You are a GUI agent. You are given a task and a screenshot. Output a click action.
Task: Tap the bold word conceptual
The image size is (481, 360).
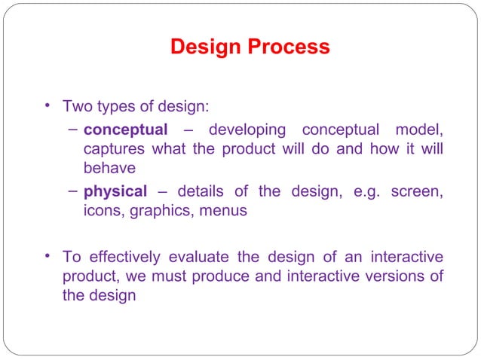click(x=125, y=130)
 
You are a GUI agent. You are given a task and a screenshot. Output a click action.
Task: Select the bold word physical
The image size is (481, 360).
click(x=115, y=191)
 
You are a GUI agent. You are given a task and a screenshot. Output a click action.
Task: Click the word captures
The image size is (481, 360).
click(x=115, y=148)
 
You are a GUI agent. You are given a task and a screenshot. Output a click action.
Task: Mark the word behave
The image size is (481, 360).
click(x=109, y=168)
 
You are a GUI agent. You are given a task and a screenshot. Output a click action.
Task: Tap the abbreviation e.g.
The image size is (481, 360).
click(x=366, y=191)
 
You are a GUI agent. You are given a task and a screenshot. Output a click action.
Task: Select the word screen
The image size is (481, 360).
click(x=416, y=191)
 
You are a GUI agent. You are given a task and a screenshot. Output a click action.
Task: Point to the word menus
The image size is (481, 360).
click(x=223, y=211)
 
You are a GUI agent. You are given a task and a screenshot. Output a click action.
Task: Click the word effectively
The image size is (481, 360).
click(x=121, y=257)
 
